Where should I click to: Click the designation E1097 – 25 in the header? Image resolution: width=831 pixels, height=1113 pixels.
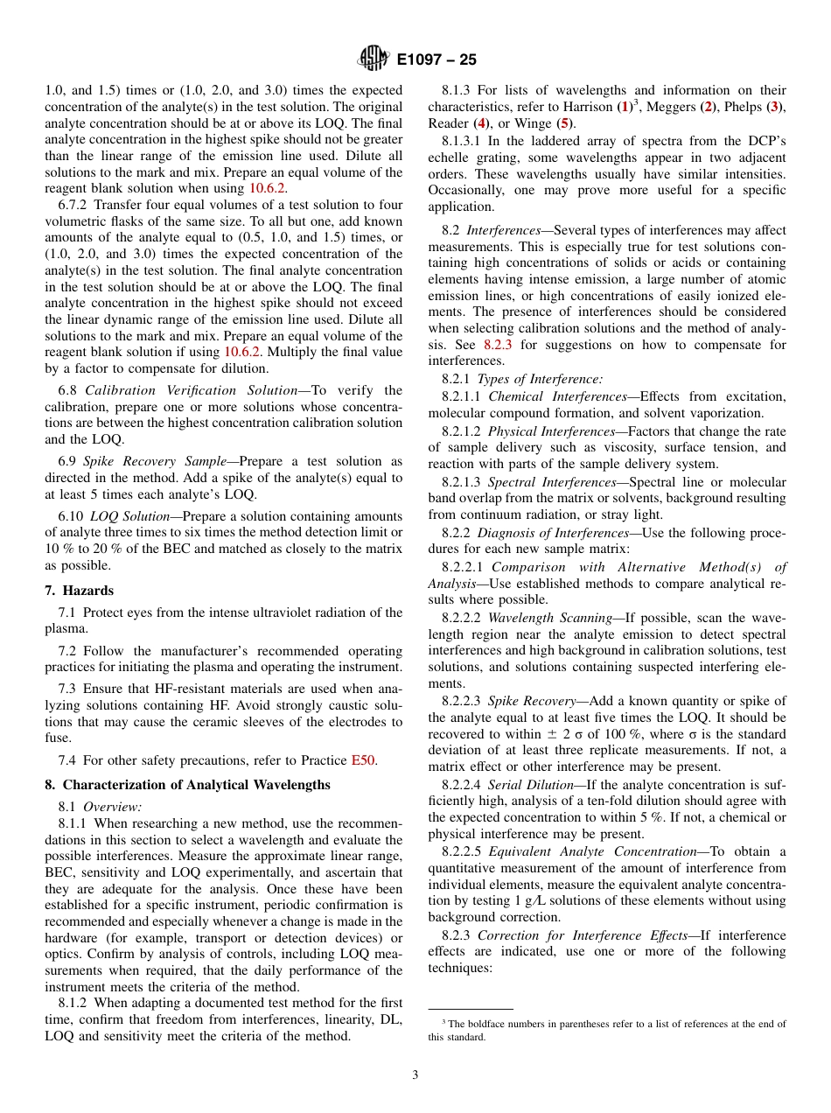coord(436,60)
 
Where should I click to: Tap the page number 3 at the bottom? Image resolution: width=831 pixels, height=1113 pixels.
coord(415,1074)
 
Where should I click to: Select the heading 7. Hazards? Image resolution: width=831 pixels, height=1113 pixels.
coord(80,591)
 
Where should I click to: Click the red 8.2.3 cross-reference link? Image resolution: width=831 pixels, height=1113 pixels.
coord(497,344)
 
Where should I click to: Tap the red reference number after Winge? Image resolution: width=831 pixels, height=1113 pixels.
coord(565,123)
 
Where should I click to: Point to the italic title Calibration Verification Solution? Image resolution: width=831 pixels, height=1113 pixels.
coord(191,390)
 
